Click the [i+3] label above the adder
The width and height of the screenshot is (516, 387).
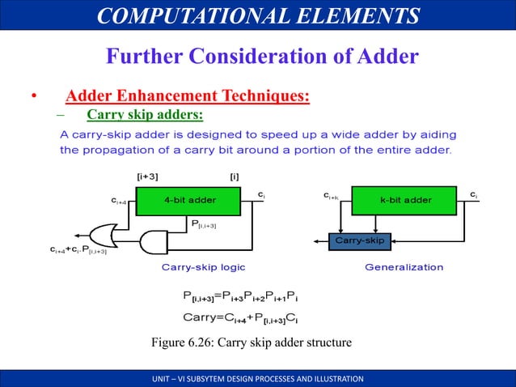pos(147,176)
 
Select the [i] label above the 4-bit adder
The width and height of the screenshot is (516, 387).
pos(235,176)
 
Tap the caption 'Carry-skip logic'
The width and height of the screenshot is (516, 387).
pos(204,266)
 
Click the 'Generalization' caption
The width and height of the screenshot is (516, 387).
pos(404,266)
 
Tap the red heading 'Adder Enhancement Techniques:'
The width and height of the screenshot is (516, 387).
pos(188,97)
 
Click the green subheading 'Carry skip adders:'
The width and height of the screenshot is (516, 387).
pos(145,114)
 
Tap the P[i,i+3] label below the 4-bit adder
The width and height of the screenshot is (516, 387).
pos(203,223)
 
